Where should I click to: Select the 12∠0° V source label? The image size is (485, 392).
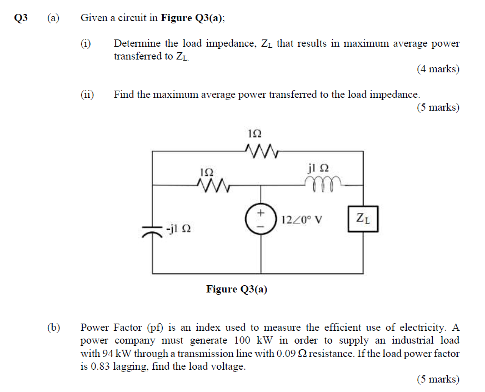tap(302, 219)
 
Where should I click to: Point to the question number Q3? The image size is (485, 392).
tap(21, 18)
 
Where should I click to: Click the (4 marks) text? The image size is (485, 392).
tap(438, 70)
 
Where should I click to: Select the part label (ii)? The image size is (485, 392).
tap(87, 95)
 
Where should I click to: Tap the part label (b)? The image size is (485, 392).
tap(53, 328)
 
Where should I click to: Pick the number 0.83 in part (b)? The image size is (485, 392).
tap(103, 366)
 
